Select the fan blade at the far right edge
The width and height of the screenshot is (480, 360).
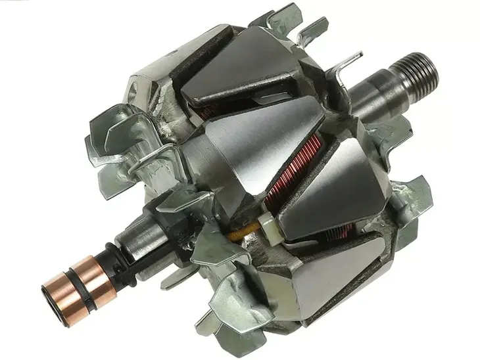[418, 197]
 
